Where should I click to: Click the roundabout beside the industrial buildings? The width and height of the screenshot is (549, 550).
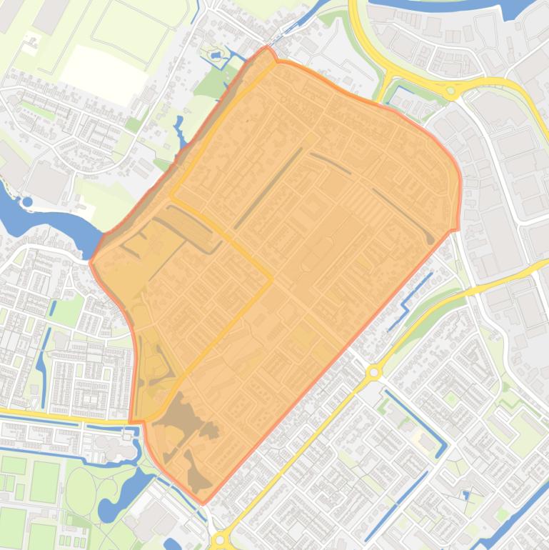pos(451,91)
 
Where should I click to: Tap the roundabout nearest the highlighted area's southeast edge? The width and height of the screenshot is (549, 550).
pos(373,372)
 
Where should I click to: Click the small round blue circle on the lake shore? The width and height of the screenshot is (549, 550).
pos(27,202)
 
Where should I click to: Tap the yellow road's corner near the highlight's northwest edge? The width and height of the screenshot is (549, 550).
pos(171,194)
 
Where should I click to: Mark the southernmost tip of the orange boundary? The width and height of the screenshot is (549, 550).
pos(202,503)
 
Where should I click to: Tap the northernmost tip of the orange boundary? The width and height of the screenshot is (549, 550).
pos(268,48)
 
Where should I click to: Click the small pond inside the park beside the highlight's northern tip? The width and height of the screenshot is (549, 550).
pos(215,55)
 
